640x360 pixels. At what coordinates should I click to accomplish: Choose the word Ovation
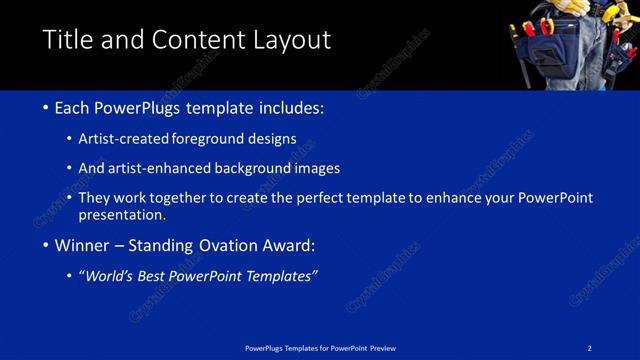coord(227,245)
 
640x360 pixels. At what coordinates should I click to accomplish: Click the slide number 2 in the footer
coord(590,347)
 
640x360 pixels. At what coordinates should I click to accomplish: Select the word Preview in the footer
coord(383,347)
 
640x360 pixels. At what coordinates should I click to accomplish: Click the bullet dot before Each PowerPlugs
coord(46,108)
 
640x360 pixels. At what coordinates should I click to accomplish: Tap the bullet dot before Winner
coord(46,245)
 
